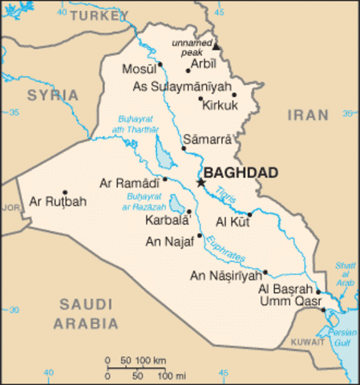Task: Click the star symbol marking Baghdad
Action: tap(200, 183)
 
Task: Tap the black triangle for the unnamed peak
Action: tap(216, 47)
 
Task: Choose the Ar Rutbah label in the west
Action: tap(57, 201)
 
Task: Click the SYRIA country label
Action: tap(53, 95)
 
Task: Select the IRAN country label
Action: tap(308, 115)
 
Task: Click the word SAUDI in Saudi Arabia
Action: tap(85, 306)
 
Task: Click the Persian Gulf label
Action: tap(346, 336)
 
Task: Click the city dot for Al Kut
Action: tap(249, 213)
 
